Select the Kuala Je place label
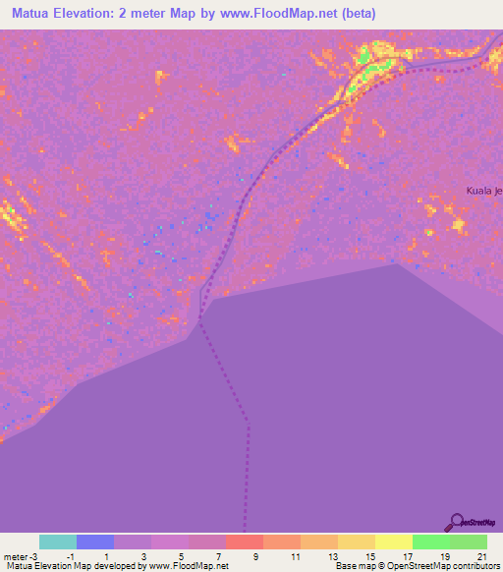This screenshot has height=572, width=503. tap(484, 190)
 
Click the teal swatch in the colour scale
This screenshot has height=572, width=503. tap(58, 542)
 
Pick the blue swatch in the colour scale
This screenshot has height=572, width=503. tap(95, 542)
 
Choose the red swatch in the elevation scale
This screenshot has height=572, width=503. tap(245, 542)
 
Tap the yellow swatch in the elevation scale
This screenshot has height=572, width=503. tap(394, 542)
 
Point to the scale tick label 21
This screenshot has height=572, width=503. tap(481, 556)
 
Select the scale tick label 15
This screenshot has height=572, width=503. tap(369, 556)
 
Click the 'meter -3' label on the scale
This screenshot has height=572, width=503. tap(20, 556)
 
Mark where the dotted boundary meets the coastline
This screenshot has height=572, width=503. tap(200, 318)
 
